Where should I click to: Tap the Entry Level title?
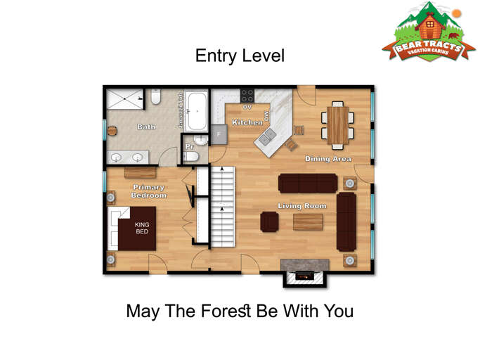(240, 56)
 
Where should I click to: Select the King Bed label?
(143, 228)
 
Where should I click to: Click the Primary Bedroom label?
(148, 191)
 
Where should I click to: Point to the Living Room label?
(302, 206)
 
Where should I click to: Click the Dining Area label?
(328, 159)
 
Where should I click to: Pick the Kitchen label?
(247, 123)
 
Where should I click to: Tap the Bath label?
(146, 127)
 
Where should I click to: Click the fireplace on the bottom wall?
(305, 275)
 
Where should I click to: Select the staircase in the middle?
(222, 205)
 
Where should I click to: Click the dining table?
(338, 122)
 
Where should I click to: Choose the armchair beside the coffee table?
(269, 221)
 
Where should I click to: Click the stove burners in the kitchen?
(247, 95)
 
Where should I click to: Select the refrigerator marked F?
(219, 134)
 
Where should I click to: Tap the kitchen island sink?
(267, 139)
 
